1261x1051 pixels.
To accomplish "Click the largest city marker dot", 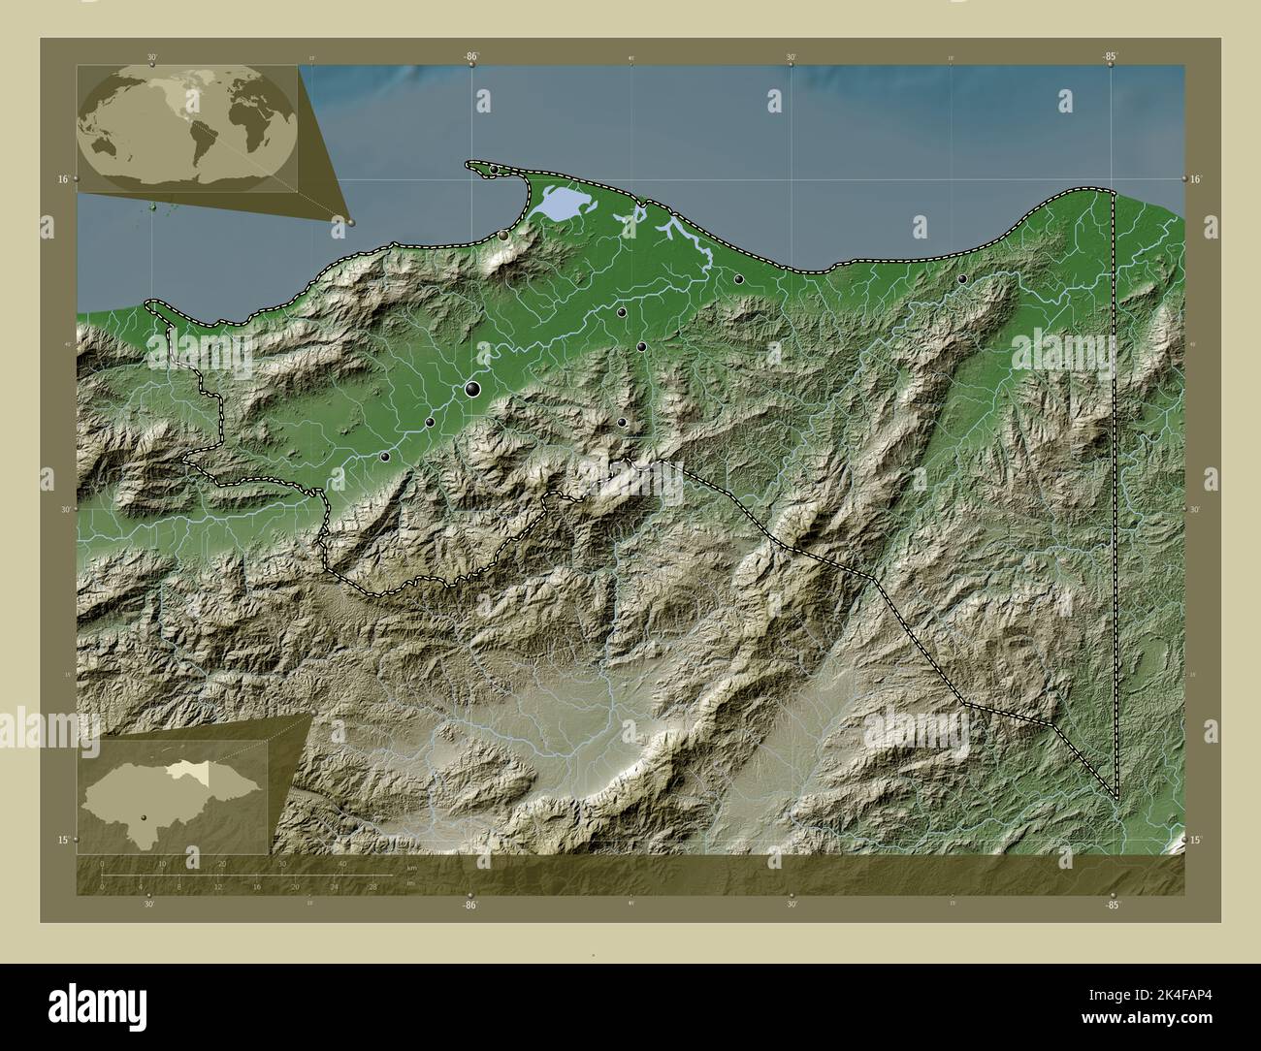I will tap(473, 390).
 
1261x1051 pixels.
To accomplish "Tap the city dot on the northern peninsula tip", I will tap(494, 170).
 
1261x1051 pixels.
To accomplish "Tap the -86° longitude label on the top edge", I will tap(470, 57).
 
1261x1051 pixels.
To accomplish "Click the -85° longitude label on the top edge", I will tap(1110, 57).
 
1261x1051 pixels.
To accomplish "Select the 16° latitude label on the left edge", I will tap(61, 179).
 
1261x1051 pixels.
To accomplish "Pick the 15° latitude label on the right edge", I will tap(1195, 840).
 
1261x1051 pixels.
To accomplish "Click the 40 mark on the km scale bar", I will tap(342, 863).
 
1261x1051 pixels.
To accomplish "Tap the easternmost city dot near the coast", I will tap(961, 279).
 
